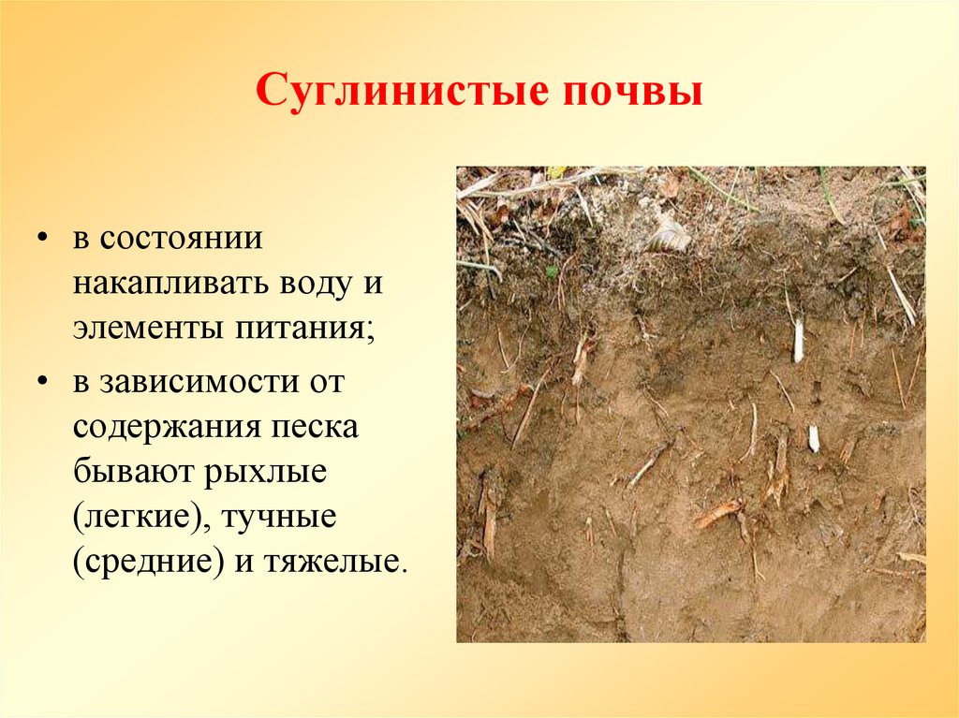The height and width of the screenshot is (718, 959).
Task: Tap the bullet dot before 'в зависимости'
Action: point(43,383)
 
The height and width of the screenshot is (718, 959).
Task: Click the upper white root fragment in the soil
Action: point(799,340)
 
